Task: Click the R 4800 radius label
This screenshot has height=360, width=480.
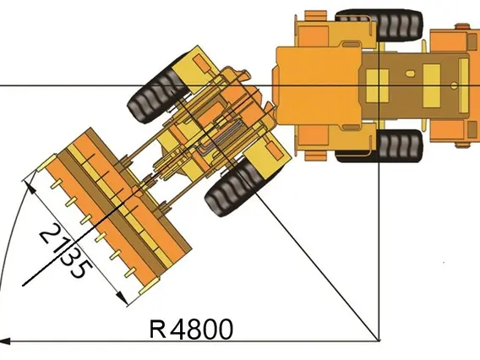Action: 191,329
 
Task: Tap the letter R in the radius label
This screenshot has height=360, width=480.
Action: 158,330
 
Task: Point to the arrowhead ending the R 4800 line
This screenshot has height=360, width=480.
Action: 6,341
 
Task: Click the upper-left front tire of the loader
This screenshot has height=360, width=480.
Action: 158,92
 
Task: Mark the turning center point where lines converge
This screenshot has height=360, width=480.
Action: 379,341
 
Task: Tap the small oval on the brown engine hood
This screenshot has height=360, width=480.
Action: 410,74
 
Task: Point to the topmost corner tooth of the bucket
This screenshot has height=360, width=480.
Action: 46,162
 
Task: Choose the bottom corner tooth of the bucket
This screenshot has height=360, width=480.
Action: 150,286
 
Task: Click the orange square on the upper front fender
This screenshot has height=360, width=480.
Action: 201,63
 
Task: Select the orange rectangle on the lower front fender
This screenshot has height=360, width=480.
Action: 274,151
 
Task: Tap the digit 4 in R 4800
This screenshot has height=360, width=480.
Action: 177,329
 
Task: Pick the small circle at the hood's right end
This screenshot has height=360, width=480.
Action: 455,85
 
